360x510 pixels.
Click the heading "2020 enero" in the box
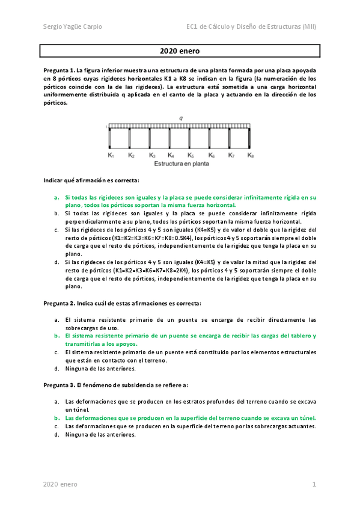click(180, 52)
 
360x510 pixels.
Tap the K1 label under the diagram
click(111, 155)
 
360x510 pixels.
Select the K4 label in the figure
click(171, 155)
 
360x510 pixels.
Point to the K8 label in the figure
click(251, 155)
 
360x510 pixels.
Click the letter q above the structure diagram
click(180, 117)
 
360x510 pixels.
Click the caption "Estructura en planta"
click(180, 164)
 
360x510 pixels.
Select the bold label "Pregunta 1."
click(59, 70)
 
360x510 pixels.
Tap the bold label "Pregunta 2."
click(59, 303)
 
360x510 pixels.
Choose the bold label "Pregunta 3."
click(59, 384)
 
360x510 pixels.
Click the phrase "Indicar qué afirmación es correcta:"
click(91, 180)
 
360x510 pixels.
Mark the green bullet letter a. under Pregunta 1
click(56, 197)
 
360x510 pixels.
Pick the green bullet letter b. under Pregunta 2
click(56, 336)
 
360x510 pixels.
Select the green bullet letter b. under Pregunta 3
click(56, 417)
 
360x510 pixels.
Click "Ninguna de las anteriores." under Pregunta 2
click(100, 368)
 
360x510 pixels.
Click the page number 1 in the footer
click(314, 484)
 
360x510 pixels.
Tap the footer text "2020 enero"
click(60, 484)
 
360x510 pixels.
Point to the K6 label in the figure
click(212, 155)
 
